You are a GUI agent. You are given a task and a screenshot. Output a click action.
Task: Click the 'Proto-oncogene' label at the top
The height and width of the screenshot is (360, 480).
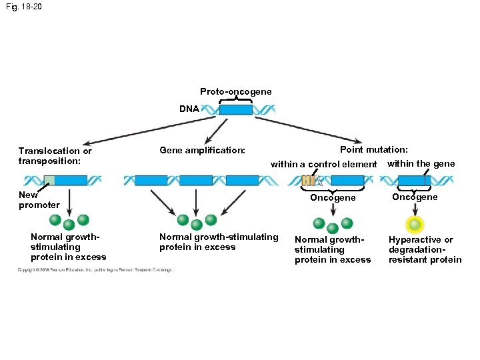coord(235,91)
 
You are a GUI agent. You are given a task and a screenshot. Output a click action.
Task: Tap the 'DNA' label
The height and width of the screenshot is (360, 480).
coord(189,108)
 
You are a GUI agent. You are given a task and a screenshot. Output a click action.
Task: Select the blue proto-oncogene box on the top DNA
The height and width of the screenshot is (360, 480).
coord(236,110)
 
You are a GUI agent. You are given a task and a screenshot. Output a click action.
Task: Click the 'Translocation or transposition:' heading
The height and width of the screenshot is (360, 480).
coord(55,155)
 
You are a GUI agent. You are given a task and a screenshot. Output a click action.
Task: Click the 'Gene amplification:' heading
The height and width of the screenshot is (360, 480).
coord(203,151)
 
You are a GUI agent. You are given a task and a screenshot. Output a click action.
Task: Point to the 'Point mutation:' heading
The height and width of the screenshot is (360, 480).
coord(374,150)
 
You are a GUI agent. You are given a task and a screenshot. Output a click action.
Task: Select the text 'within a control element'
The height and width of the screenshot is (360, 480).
coord(323,164)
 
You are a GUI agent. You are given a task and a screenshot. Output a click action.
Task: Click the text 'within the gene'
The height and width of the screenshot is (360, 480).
coord(421,163)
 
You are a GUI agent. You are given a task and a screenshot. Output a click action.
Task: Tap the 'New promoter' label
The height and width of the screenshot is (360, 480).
coord(39,200)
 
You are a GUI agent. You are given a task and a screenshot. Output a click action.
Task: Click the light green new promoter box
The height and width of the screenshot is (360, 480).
coord(49,180)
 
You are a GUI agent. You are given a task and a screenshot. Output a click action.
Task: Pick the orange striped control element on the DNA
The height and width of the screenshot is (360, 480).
coord(309,180)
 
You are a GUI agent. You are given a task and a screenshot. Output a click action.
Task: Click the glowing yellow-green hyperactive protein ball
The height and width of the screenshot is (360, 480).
coord(415,225)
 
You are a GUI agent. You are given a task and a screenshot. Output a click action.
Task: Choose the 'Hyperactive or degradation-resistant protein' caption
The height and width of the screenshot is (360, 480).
coord(425,249)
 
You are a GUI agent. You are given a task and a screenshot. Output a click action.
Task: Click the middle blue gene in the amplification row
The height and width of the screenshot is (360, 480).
coord(196,180)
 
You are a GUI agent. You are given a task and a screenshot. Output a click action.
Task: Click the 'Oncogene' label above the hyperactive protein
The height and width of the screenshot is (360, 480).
coord(415,197)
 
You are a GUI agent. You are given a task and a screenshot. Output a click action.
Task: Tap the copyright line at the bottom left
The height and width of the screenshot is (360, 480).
coord(95,270)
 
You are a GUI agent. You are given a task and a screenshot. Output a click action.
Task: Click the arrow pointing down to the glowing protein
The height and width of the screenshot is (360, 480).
coord(415,209)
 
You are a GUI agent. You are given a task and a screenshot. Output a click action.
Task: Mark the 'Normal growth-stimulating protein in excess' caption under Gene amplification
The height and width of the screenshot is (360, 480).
coord(219,242)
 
